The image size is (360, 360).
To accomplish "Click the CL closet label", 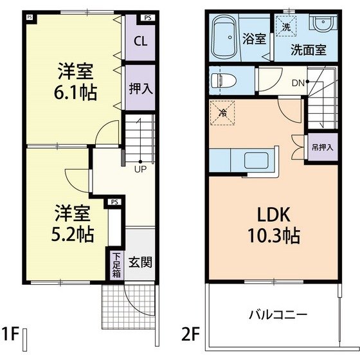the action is (x=141, y=41).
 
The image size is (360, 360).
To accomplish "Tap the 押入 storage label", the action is (x=141, y=89).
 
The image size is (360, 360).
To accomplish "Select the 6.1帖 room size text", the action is (x=75, y=93).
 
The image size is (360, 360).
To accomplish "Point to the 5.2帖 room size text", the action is (x=73, y=234).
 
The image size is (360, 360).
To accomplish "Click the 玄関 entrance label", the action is (x=140, y=262).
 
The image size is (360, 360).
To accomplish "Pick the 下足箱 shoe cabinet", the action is (x=116, y=265).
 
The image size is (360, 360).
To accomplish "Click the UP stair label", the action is (x=140, y=170).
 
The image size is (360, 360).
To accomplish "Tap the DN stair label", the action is (x=298, y=83).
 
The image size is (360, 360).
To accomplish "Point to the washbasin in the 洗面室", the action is (x=323, y=24).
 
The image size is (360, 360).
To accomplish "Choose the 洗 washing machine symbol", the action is (x=286, y=26).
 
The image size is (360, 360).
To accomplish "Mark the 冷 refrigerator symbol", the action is (x=222, y=113).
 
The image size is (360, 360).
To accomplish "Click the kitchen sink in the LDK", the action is (x=256, y=161).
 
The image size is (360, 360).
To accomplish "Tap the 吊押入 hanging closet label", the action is (x=322, y=147).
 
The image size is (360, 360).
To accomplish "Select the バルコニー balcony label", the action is (x=278, y=314).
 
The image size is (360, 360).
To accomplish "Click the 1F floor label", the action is (x=10, y=334).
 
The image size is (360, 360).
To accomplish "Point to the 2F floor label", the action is (x=190, y=334).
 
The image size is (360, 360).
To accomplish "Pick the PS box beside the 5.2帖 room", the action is (x=114, y=203).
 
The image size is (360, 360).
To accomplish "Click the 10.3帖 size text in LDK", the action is (x=274, y=235).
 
